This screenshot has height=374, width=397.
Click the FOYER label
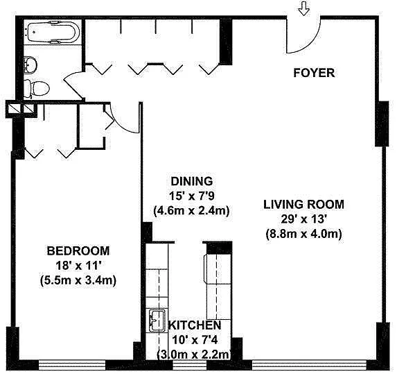pyautogui.click(x=314, y=73)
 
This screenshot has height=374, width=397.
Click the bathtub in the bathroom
pyautogui.click(x=53, y=32)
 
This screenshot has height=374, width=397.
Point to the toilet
pyautogui.click(x=36, y=89)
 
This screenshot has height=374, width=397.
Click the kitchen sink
pyautogui.click(x=157, y=321)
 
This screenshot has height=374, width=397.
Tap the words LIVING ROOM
pyautogui.click(x=304, y=205)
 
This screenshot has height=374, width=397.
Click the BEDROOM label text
pyautogui.click(x=78, y=250)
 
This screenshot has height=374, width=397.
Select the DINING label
pyautogui.click(x=192, y=181)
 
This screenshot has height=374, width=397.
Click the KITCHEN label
pyautogui.click(x=195, y=325)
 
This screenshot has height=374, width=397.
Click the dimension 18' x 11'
pyautogui.click(x=78, y=266)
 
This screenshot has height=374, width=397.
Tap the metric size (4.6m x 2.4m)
pyautogui.click(x=192, y=210)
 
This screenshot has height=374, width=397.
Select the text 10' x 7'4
pyautogui.click(x=195, y=340)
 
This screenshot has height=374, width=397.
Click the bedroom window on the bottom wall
pyautogui.click(x=72, y=364)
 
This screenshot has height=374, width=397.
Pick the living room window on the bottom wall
pyautogui.click(x=310, y=364)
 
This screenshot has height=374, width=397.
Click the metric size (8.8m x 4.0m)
pyautogui.click(x=304, y=234)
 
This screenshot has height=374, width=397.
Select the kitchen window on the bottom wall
pyautogui.click(x=190, y=364)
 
